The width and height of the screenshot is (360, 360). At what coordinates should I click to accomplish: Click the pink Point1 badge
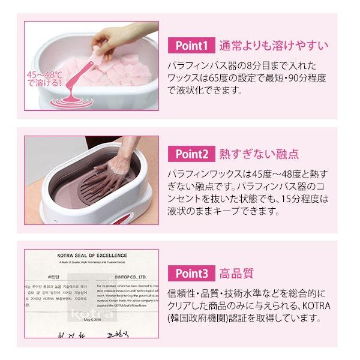pos(192,45)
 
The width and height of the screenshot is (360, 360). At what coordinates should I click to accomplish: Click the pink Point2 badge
pos(192,153)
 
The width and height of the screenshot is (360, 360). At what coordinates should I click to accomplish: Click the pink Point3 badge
pos(192,274)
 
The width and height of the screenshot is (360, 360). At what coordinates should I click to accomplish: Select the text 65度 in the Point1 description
pos(229,79)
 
